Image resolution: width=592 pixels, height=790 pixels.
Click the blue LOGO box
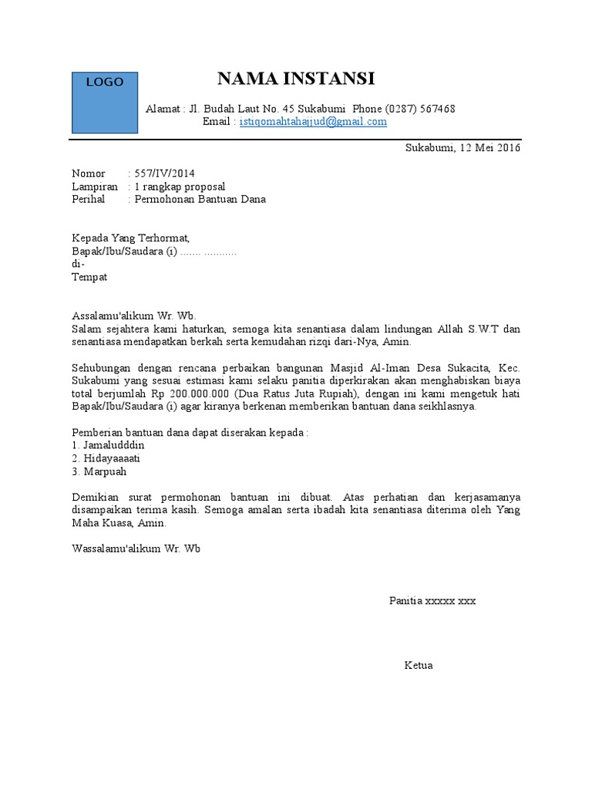[x=105, y=102]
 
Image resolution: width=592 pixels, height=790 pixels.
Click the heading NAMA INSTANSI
[x=296, y=79]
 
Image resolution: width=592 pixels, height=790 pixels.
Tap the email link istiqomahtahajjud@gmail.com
[x=313, y=122]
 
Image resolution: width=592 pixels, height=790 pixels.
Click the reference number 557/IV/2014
[x=160, y=174]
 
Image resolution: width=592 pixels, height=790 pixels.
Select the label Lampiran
[x=95, y=187]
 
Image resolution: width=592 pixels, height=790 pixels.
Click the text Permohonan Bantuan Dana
[x=200, y=199]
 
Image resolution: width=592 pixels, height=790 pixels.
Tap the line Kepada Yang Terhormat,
[x=130, y=238]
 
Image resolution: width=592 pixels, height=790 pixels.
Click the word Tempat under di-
[x=89, y=277]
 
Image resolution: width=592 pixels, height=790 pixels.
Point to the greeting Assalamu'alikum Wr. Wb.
[x=134, y=316]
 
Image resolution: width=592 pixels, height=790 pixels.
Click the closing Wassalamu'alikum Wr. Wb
[x=136, y=549]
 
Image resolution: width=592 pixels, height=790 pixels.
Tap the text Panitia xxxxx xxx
[x=432, y=600]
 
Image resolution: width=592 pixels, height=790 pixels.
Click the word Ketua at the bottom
[x=419, y=665]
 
